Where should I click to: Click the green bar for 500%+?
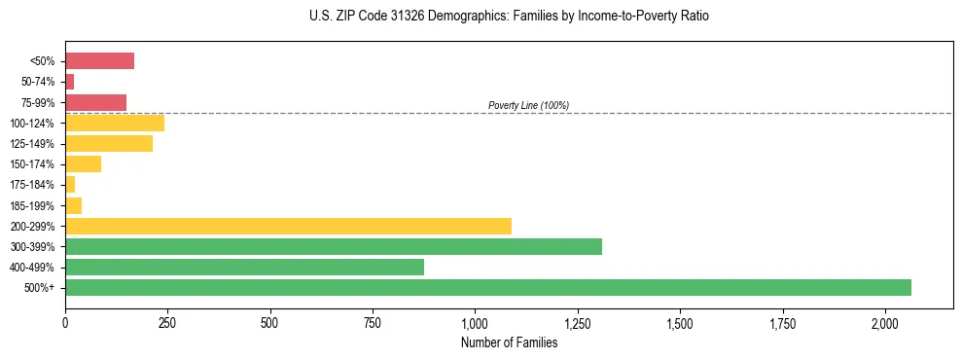pyautogui.click(x=488, y=287)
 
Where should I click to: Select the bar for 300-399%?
pyautogui.click(x=334, y=246)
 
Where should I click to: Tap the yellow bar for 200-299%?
pyautogui.click(x=288, y=226)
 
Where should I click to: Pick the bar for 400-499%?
pyautogui.click(x=244, y=267)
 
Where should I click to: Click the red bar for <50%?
pyautogui.click(x=99, y=61)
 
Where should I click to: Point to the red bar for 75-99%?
pyautogui.click(x=95, y=102)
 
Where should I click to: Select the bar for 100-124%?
pyautogui.click(x=115, y=123)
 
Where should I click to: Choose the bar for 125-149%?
pyautogui.click(x=109, y=144)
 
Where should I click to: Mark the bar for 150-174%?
pyautogui.click(x=83, y=164)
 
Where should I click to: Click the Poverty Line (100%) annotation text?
pyautogui.click(x=528, y=105)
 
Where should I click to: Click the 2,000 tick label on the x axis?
pyautogui.click(x=885, y=322)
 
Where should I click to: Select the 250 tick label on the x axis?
pyautogui.click(x=167, y=322)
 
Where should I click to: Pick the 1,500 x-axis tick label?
pyautogui.click(x=680, y=322)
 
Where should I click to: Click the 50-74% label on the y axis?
pyautogui.click(x=38, y=82)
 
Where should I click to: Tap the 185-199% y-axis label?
pyautogui.click(x=33, y=205)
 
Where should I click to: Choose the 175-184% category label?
pyautogui.click(x=33, y=185)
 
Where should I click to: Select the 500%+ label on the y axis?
pyautogui.click(x=41, y=288)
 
